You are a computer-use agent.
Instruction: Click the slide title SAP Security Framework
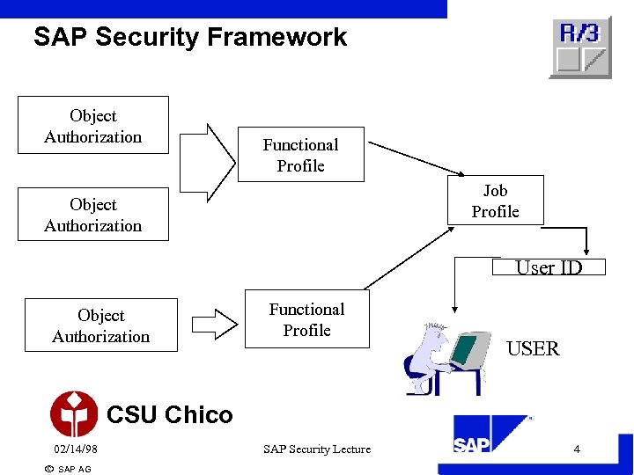pyautogui.click(x=190, y=37)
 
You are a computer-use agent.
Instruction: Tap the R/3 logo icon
pyautogui.click(x=579, y=47)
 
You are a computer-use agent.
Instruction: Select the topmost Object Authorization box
pyautogui.click(x=93, y=126)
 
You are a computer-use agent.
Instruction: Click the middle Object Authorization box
pyautogui.click(x=93, y=215)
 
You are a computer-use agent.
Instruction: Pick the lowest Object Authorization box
pyautogui.click(x=101, y=325)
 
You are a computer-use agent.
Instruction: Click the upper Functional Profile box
pyautogui.click(x=300, y=155)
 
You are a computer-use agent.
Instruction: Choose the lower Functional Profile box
pyautogui.click(x=306, y=319)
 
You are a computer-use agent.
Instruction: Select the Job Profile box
pyautogui.click(x=495, y=201)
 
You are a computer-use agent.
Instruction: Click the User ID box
pyautogui.click(x=549, y=267)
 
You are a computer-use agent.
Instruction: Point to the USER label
pyautogui.click(x=533, y=348)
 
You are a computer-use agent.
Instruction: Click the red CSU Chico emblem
pyautogui.click(x=74, y=414)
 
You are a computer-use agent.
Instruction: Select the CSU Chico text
pyautogui.click(x=169, y=415)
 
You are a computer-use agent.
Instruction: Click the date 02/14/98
pyautogui.click(x=76, y=449)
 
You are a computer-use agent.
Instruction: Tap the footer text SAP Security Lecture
pyautogui.click(x=317, y=449)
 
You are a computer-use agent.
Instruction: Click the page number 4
pyautogui.click(x=577, y=449)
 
